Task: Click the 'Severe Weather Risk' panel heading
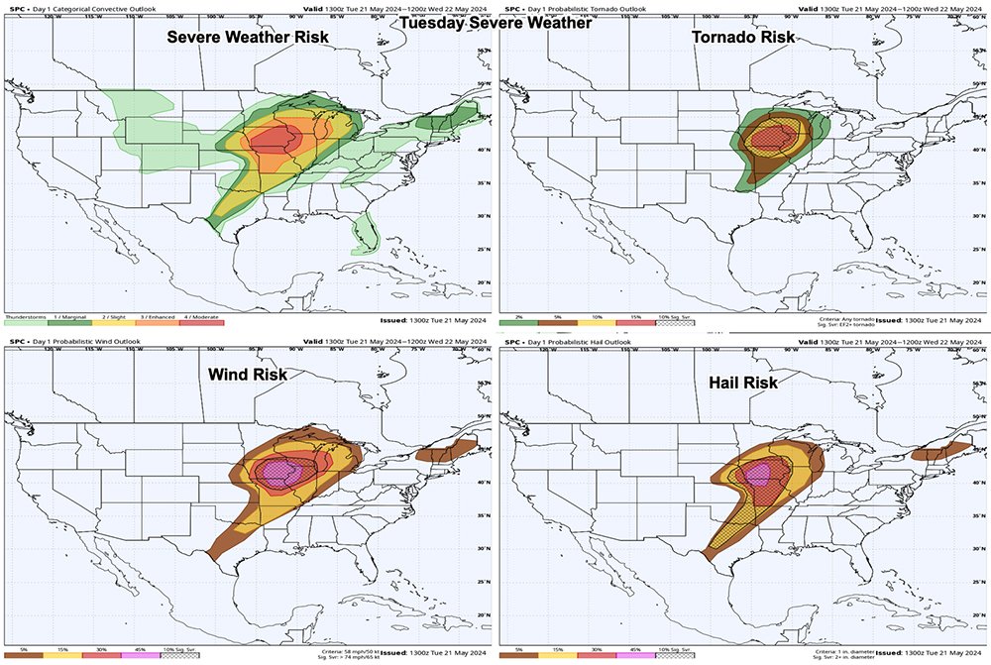coord(248,38)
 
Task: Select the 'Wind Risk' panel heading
coord(247,375)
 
